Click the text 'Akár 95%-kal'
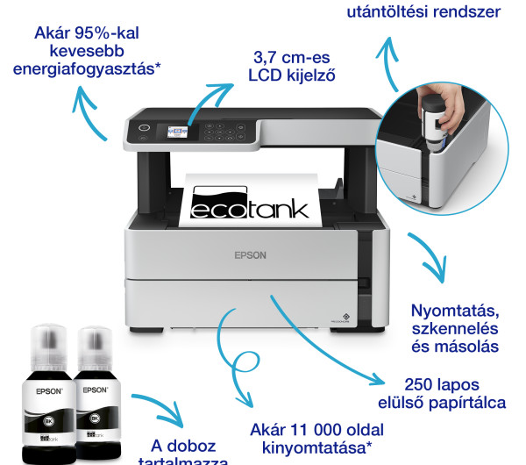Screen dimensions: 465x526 87,34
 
